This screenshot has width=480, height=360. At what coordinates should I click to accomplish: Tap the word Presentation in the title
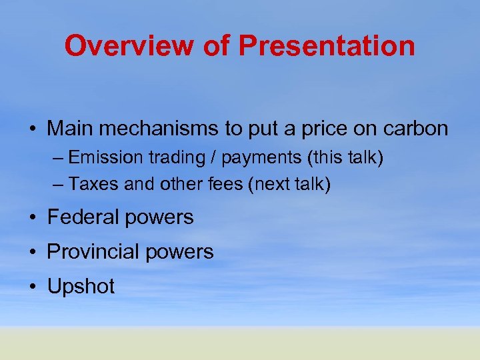[327, 46]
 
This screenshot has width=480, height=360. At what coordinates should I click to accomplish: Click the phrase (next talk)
[289, 184]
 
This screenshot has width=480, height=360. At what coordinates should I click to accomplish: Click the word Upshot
[81, 287]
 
